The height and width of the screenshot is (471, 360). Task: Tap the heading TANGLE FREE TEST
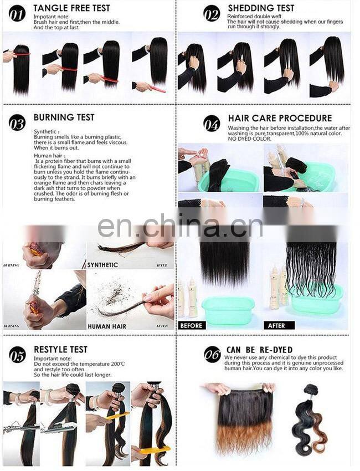coord(71,8)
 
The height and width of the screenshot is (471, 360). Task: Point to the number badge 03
coord(17,122)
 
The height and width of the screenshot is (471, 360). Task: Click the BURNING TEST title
coord(64,117)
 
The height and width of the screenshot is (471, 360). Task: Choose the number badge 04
coord(212,122)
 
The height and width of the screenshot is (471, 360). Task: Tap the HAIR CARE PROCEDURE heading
coord(280,118)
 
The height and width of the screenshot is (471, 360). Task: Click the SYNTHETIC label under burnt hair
coord(102,265)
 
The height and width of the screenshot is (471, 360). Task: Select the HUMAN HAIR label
coord(106,326)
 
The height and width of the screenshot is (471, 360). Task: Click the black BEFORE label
coord(192,326)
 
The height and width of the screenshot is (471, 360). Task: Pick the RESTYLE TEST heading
coord(60,350)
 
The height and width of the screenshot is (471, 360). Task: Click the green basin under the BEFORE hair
coord(228,309)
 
